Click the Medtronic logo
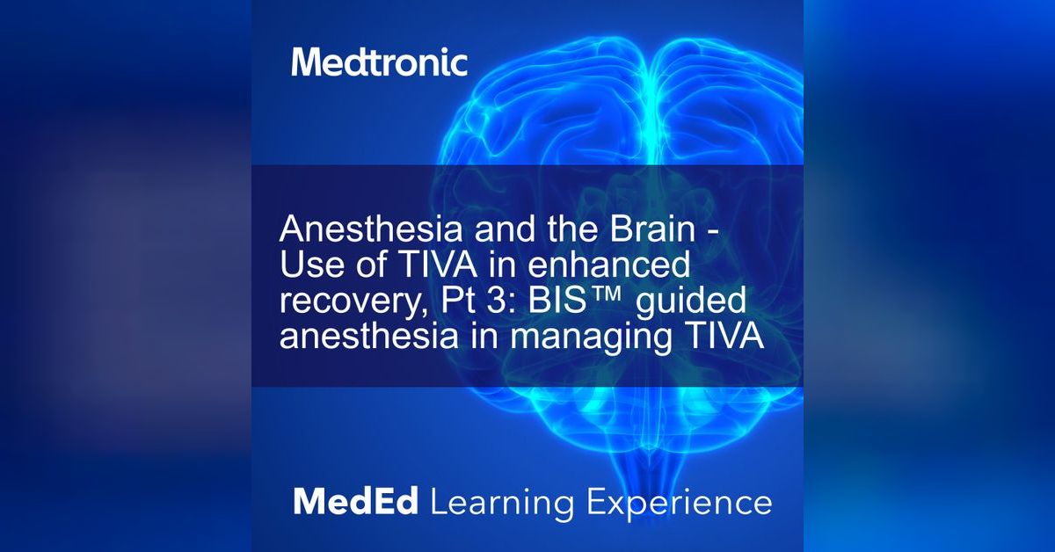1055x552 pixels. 379,62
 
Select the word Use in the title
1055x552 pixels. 309,265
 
